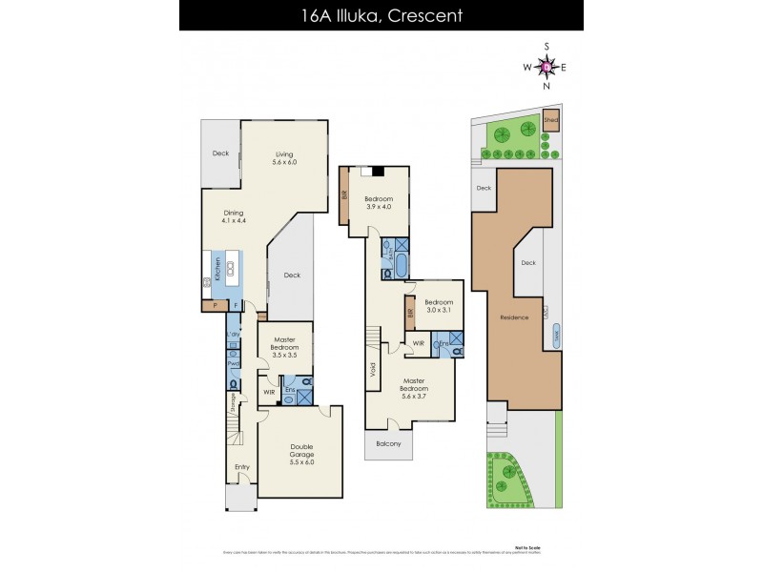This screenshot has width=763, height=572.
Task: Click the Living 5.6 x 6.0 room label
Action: (285, 158)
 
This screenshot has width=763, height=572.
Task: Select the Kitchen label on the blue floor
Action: (218, 270)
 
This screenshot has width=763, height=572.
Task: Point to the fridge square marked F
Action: (235, 306)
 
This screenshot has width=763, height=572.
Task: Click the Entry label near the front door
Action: (242, 467)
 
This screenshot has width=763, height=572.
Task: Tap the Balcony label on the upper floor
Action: (388, 443)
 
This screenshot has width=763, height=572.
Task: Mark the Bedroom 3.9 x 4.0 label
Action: (379, 202)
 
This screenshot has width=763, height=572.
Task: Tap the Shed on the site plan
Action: (550, 121)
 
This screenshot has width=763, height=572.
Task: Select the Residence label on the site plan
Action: (514, 317)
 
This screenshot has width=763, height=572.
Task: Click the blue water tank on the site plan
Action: (557, 336)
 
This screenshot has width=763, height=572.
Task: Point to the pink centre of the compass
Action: (546, 67)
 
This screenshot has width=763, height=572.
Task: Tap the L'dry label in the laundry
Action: (233, 336)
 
